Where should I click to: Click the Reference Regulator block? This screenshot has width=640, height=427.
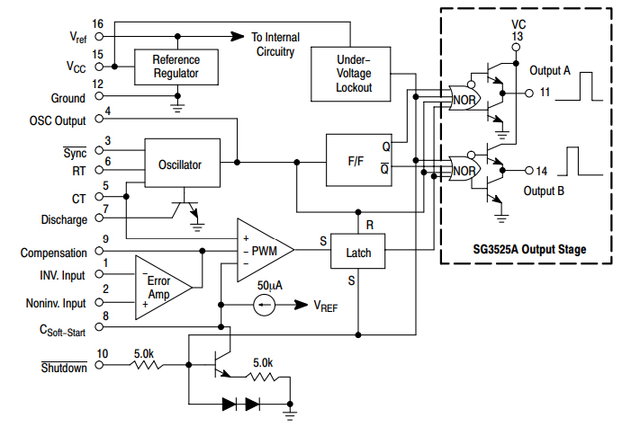tap(176, 66)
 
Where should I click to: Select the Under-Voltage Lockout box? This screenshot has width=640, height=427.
tap(354, 73)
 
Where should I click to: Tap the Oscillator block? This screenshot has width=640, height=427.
tap(181, 165)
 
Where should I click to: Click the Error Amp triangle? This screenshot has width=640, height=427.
tap(162, 288)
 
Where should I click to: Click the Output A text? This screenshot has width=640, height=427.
tap(549, 71)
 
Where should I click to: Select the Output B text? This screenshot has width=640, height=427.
tap(544, 191)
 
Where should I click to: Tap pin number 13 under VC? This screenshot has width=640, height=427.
tap(517, 36)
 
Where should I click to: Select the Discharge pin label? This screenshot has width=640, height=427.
tap(64, 220)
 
